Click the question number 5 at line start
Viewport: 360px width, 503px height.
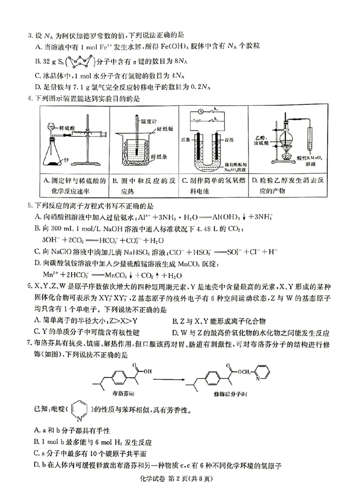29,207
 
